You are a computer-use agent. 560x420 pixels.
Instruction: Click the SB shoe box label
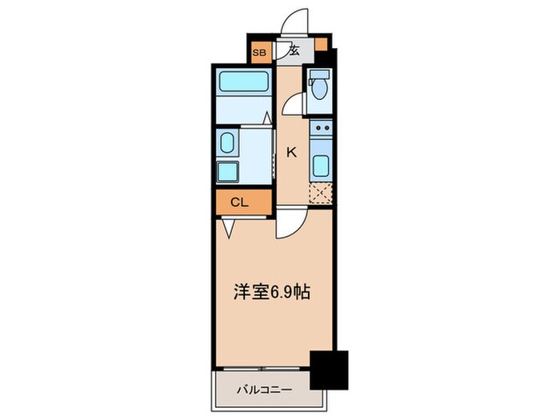[x=258, y=53]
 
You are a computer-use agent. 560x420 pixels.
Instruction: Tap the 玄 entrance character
[x=294, y=51]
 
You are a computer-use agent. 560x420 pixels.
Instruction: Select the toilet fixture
[x=319, y=87]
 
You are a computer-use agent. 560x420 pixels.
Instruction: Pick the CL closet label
[x=239, y=202]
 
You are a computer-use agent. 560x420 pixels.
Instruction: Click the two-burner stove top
[x=320, y=128]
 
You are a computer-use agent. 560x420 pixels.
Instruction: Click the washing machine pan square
[x=228, y=171]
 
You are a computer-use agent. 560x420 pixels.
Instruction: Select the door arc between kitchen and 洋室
[x=287, y=227]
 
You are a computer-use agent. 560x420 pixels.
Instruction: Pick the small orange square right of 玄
[x=321, y=45]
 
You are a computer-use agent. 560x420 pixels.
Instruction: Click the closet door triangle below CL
[x=230, y=230]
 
